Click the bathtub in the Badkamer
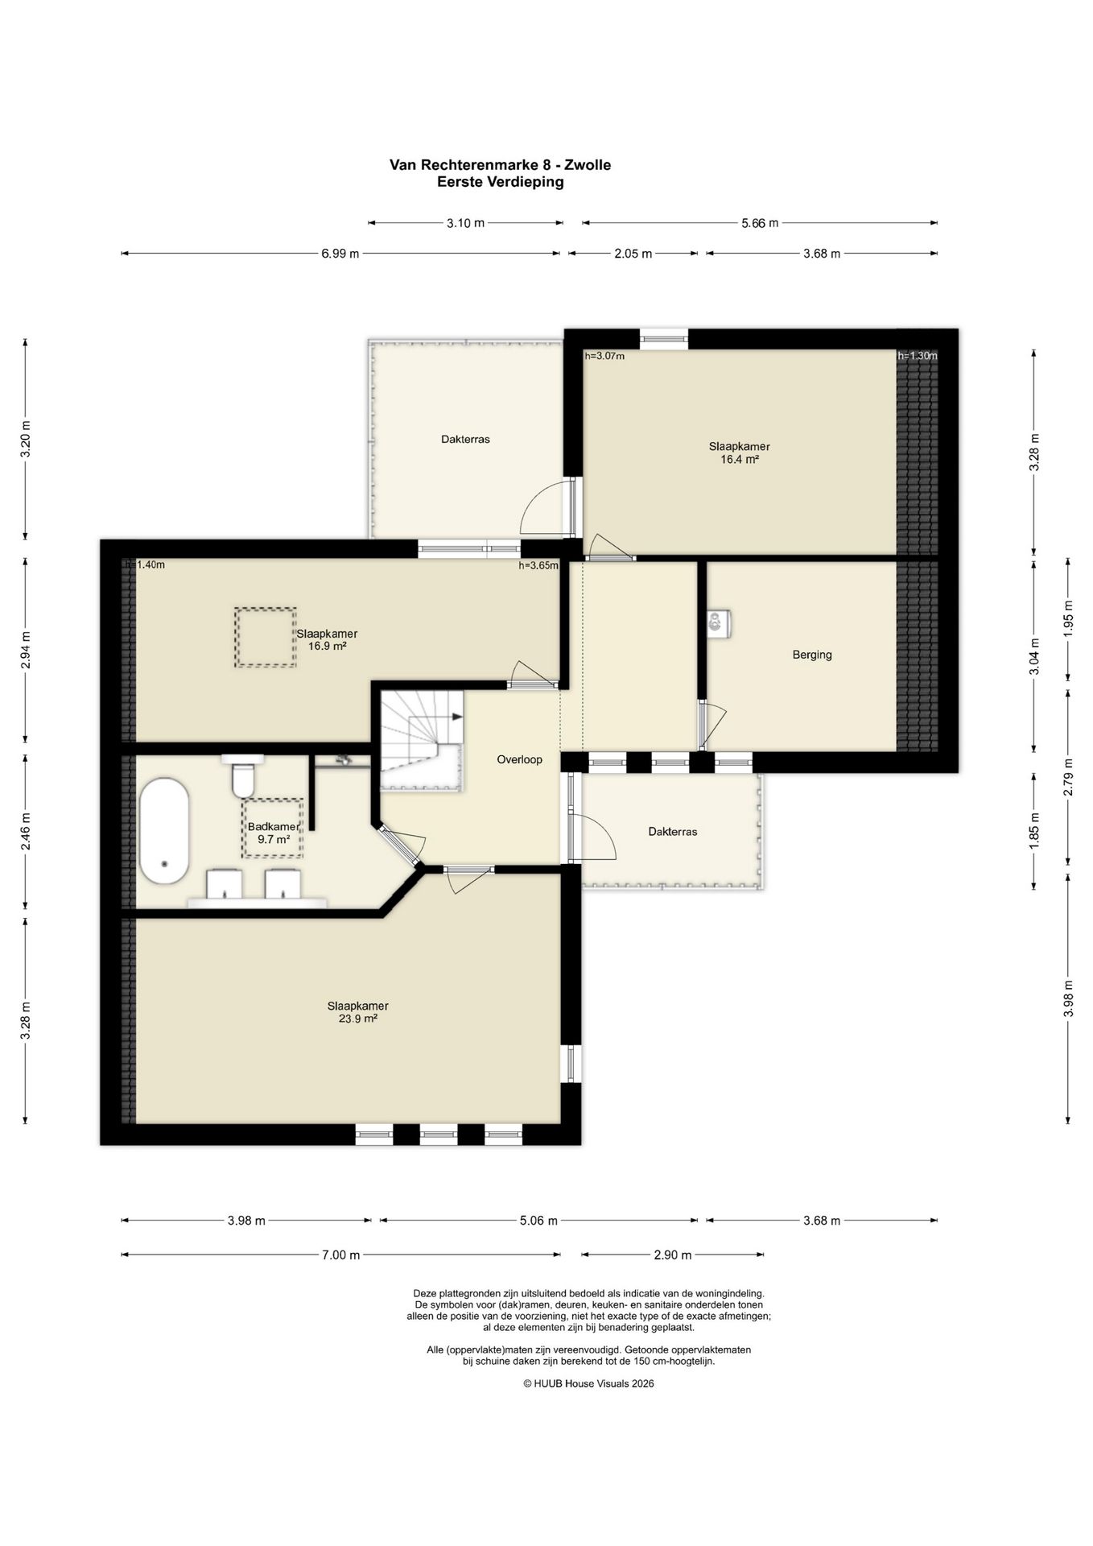point(164,831)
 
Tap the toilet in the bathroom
point(242,775)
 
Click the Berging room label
point(812,655)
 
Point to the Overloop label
point(519,759)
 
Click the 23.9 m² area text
point(358,1019)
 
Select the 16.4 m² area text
point(740,460)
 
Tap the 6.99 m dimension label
point(340,254)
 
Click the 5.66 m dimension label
point(760,223)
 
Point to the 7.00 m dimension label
point(340,1255)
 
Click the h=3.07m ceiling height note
point(605,356)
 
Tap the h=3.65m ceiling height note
point(538,565)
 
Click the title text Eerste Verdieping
point(501,182)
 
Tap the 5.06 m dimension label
point(538,1221)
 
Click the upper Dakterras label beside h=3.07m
point(465,440)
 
